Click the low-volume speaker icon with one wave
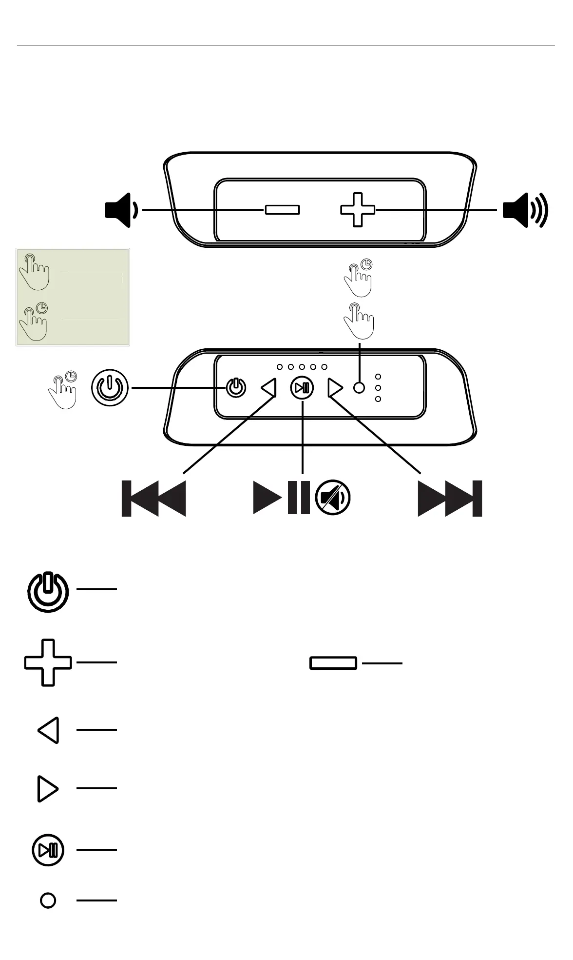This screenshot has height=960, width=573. tap(121, 210)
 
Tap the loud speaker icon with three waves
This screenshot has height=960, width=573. tap(525, 210)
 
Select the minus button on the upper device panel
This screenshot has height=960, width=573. tap(282, 210)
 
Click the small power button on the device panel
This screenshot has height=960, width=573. tap(236, 388)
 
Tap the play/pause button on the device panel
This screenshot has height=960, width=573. tap(302, 388)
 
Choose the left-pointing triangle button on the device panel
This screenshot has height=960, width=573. tap(269, 388)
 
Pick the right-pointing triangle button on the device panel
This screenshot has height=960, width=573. tap(335, 388)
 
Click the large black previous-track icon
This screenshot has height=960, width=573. tap(153, 499)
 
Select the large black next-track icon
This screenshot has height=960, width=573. tap(450, 499)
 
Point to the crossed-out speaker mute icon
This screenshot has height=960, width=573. tap(333, 498)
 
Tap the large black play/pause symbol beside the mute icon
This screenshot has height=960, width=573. tap(282, 498)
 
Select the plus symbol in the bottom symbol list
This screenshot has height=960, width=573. tap(48, 662)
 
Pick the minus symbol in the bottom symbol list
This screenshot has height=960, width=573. tap(333, 663)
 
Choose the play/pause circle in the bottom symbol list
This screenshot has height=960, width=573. tap(48, 850)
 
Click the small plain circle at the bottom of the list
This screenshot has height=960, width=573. tap(48, 900)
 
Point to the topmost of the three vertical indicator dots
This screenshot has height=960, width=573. tap(378, 377)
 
